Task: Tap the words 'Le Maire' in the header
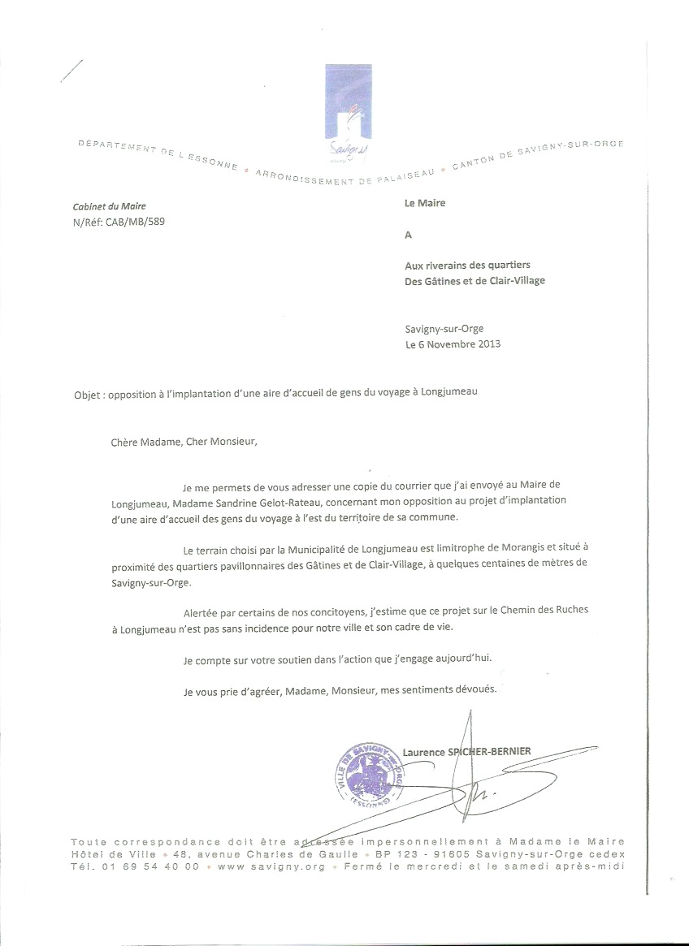pyautogui.click(x=425, y=203)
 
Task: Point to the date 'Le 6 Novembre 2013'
pyautogui.click(x=453, y=343)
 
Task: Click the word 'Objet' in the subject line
pyautogui.click(x=87, y=391)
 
